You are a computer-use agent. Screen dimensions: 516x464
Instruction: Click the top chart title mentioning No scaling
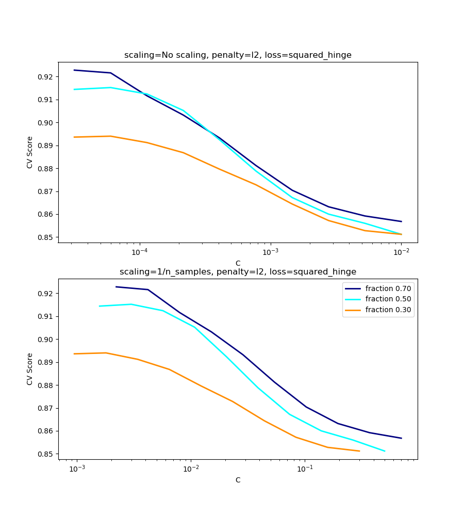pos(238,55)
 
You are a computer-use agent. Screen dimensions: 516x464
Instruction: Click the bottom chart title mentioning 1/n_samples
pos(238,272)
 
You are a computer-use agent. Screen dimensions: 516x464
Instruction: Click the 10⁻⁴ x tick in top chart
pos(140,252)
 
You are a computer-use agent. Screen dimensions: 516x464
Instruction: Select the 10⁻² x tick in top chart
pos(401,252)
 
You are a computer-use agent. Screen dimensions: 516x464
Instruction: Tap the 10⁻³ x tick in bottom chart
pos(77,469)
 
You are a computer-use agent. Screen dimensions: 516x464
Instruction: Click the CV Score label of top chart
pos(30,152)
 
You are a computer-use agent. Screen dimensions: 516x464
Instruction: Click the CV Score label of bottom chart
pos(30,369)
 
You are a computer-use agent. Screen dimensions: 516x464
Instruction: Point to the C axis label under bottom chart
pos(238,480)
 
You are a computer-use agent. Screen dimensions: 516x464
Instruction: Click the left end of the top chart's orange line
pos(74,137)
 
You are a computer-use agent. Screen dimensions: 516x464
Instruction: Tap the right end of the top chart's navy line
pos(401,221)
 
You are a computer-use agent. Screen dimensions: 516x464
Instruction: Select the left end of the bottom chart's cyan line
pos(100,306)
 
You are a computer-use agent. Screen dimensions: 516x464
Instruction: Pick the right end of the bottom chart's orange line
pos(359,451)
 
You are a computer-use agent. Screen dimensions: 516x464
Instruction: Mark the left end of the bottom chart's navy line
pos(116,287)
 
